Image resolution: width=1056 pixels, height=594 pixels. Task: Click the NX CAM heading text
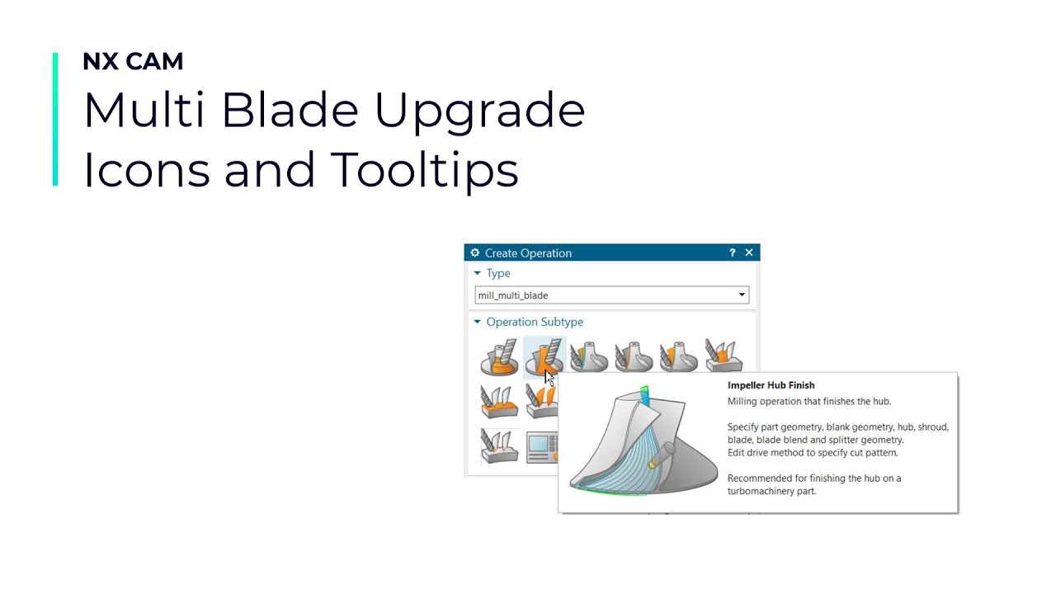pyautogui.click(x=133, y=62)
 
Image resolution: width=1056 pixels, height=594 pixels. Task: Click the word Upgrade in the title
pyautogui.click(x=479, y=111)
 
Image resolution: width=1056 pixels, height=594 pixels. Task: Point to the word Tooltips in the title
pyautogui.click(x=424, y=170)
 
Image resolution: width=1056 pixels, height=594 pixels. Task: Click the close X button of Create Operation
pyautogui.click(x=749, y=252)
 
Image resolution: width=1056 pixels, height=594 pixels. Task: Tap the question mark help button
pyautogui.click(x=732, y=252)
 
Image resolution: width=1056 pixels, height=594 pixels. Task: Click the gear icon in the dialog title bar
pyautogui.click(x=474, y=252)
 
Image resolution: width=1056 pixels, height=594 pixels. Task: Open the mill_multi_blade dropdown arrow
pyautogui.click(x=742, y=295)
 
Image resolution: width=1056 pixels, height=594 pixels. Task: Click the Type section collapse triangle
pyautogui.click(x=477, y=273)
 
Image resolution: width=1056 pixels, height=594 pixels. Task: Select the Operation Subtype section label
pyautogui.click(x=534, y=322)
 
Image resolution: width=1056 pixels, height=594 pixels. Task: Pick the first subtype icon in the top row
pyautogui.click(x=499, y=357)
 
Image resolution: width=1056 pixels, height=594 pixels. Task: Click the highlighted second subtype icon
pyautogui.click(x=544, y=357)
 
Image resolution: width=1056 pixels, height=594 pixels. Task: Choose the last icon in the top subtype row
pyautogui.click(x=724, y=357)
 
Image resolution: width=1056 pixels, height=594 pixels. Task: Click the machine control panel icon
pyautogui.click(x=542, y=446)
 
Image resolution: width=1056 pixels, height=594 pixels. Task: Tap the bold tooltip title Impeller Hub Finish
pyautogui.click(x=771, y=385)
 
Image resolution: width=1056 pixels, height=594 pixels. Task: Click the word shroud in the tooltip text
pyautogui.click(x=931, y=427)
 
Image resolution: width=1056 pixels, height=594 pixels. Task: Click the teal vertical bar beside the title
pyautogui.click(x=55, y=120)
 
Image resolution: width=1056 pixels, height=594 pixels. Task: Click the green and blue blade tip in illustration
pyautogui.click(x=643, y=395)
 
